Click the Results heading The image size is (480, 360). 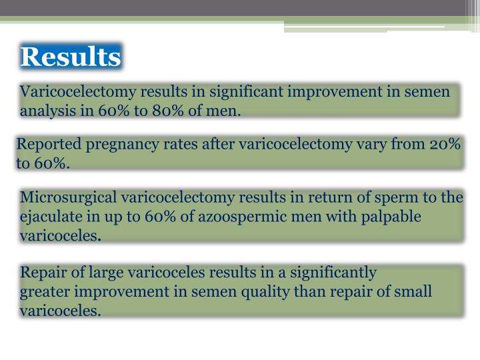point(71,57)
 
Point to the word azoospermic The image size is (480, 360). point(237,217)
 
